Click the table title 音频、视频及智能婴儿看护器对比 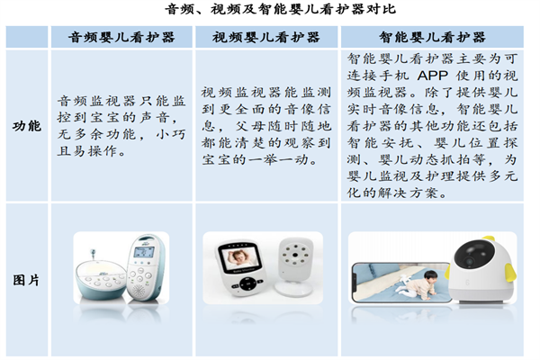[x=280, y=9]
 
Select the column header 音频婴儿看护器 [x=121, y=37]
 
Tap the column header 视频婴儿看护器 [x=266, y=37]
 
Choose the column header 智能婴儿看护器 [x=432, y=37]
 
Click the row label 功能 [x=27, y=126]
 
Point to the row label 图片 [x=26, y=280]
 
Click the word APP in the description [x=433, y=75]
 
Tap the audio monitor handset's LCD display [x=144, y=252]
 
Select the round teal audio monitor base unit [x=101, y=279]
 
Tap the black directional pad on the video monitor [x=247, y=284]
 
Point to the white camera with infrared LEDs [x=295, y=266]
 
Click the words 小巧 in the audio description [x=171, y=134]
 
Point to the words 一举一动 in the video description [x=278, y=159]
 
